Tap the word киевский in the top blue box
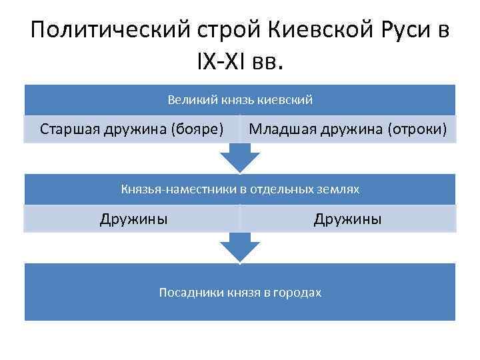288,100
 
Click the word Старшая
69,128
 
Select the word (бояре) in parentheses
197,128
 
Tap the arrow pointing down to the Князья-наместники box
239,158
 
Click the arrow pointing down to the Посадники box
239,247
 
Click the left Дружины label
133,218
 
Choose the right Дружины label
348,218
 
